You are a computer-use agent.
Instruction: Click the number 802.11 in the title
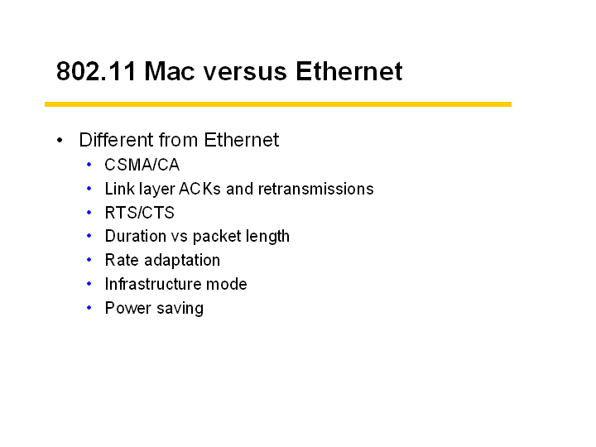pyautogui.click(x=96, y=71)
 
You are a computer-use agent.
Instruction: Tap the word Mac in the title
pyautogui.click(x=169, y=71)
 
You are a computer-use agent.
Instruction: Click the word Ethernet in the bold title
pyautogui.click(x=349, y=71)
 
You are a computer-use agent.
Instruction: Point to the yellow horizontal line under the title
pyautogui.click(x=278, y=104)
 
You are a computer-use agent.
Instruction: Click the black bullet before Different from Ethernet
pyautogui.click(x=60, y=140)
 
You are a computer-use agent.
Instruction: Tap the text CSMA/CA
pyautogui.click(x=142, y=165)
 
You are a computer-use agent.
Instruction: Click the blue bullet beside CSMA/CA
pyautogui.click(x=89, y=165)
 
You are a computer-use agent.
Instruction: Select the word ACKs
pyautogui.click(x=199, y=189)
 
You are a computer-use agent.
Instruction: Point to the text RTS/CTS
pyautogui.click(x=140, y=213)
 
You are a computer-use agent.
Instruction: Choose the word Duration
pyautogui.click(x=135, y=237)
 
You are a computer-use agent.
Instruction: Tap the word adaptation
pyautogui.click(x=182, y=261)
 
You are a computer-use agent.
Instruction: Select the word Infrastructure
pyautogui.click(x=153, y=284)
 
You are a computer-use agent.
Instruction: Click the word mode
pyautogui.click(x=227, y=284)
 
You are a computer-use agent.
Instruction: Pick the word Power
pyautogui.click(x=128, y=308)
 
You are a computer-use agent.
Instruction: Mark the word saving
pyautogui.click(x=180, y=309)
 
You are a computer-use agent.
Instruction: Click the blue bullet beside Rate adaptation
pyautogui.click(x=89, y=260)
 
